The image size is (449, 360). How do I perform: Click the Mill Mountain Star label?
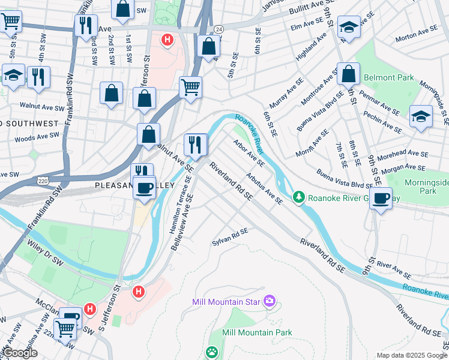coord(228,301)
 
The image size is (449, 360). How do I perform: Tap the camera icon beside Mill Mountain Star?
coord(270,300)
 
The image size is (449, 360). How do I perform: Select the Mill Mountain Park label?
coord(257,332)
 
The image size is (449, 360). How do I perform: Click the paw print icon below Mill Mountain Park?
coord(211,352)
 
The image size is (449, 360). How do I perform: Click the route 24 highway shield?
coord(220,29)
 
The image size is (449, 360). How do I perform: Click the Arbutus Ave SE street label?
coord(264,188)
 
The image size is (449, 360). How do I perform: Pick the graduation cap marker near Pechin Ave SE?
coord(421,117)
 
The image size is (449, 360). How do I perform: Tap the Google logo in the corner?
coord(21,353)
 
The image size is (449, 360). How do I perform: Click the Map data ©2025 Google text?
coord(411,355)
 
